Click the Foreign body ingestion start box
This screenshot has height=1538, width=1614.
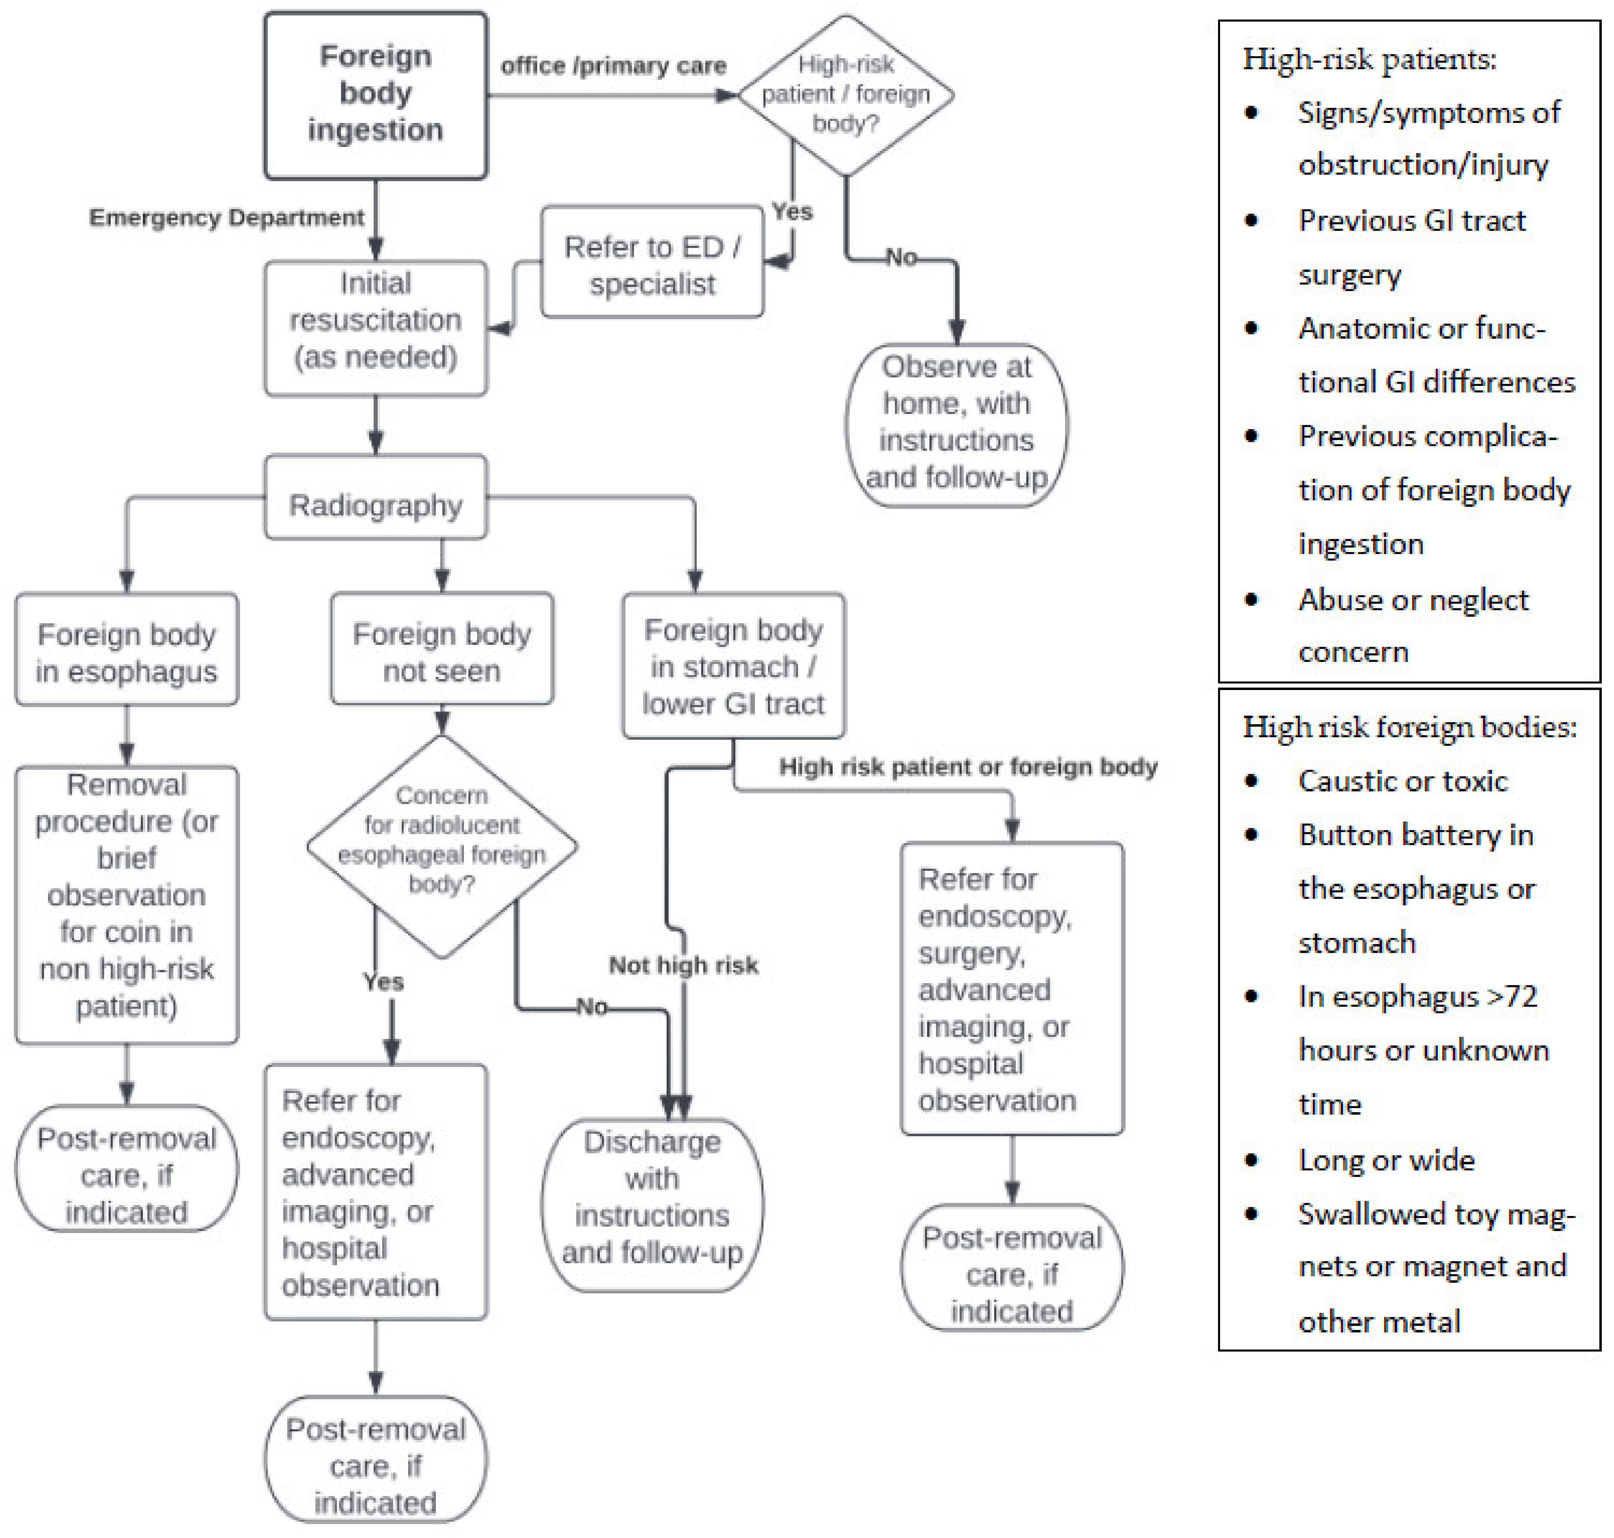click(x=376, y=94)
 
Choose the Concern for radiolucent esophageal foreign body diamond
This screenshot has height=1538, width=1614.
click(x=442, y=840)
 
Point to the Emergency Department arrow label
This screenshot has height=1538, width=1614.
click(x=226, y=217)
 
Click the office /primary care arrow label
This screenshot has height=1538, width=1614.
click(x=613, y=66)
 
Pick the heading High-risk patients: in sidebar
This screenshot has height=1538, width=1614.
click(x=1369, y=59)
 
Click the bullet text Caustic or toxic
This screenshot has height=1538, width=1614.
click(x=1402, y=780)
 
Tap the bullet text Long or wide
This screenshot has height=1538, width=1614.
click(x=1386, y=1159)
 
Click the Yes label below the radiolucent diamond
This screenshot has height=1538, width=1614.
click(x=383, y=982)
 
